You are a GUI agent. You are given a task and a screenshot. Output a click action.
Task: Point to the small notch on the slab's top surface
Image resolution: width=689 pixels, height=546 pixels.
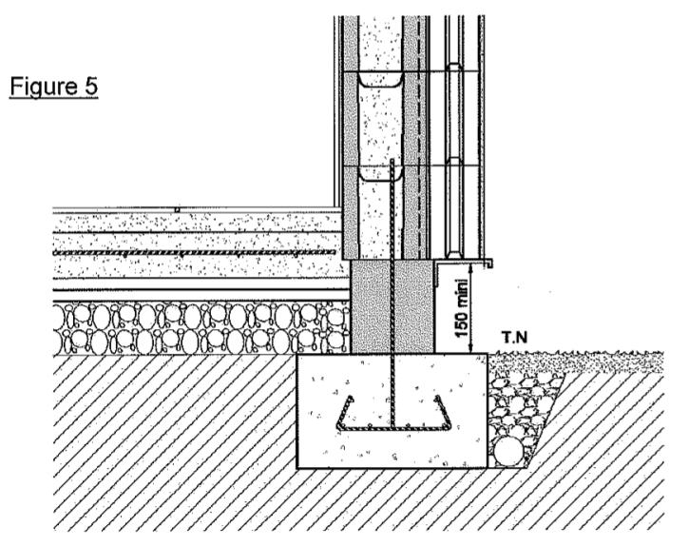click(x=177, y=208)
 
